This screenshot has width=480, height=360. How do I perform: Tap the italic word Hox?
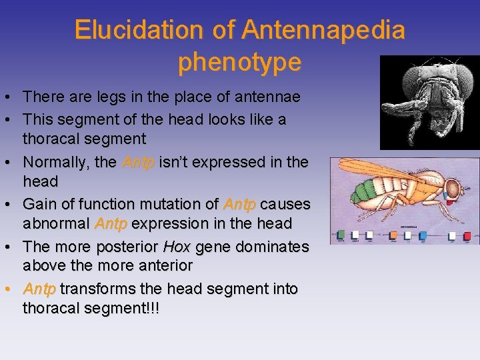coord(177,247)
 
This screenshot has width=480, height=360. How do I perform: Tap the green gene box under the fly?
coord(341,234)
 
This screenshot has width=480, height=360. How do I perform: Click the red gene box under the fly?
coord(468,235)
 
